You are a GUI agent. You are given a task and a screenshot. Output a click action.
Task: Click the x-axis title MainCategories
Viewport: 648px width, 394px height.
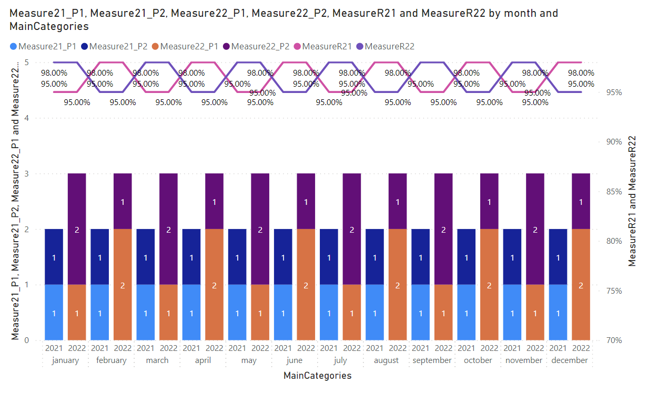click(317, 376)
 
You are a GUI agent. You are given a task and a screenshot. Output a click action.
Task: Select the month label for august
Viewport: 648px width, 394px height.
click(386, 360)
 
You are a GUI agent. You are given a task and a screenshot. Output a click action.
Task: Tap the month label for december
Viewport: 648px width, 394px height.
click(570, 360)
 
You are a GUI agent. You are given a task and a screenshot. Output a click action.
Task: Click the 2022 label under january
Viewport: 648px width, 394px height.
click(77, 348)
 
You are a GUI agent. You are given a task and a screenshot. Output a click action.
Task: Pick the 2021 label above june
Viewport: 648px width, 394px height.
click(283, 348)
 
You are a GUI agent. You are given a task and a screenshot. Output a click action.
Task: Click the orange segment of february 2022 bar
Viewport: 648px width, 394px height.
click(123, 285)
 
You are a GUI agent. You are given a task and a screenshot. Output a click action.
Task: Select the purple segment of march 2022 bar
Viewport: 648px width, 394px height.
click(168, 229)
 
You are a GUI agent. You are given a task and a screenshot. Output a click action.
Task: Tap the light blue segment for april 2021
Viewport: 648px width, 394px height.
click(191, 313)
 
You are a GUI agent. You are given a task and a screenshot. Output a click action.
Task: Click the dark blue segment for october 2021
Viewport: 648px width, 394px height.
click(467, 257)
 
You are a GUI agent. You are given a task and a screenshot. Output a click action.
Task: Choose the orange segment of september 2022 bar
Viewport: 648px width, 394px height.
click(443, 313)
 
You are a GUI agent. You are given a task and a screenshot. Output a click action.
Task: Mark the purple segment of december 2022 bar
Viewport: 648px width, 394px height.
click(581, 201)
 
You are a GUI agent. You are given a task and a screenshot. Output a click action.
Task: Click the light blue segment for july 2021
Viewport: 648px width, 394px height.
click(329, 313)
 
